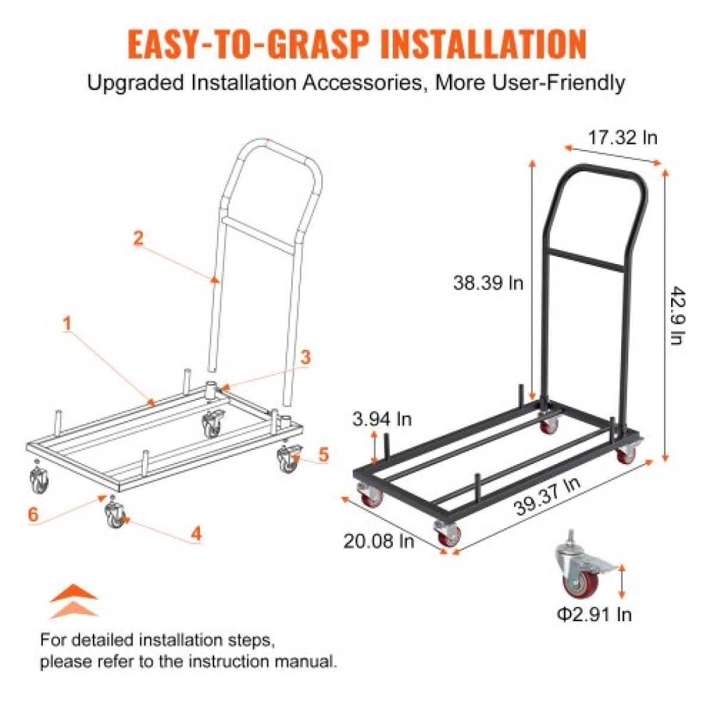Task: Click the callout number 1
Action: click(x=67, y=324)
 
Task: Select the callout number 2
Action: click(x=138, y=237)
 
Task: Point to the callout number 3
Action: click(x=305, y=358)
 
